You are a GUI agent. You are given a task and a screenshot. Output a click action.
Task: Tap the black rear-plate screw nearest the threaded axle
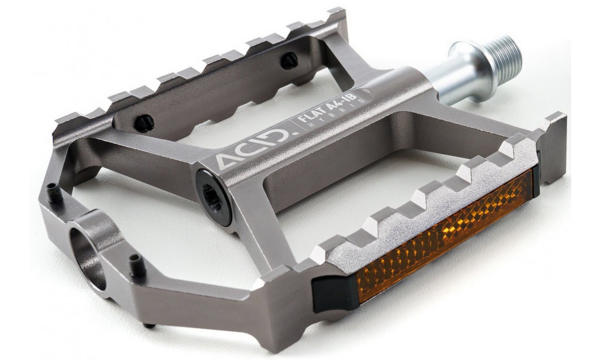pos(289,58)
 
